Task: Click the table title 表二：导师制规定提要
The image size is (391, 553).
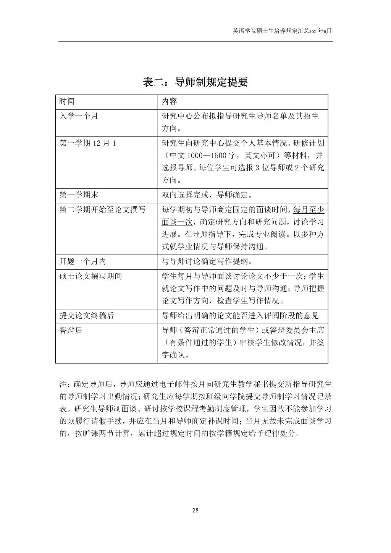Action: (195, 82)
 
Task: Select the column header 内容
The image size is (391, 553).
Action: (169, 102)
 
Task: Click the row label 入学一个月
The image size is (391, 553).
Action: (78, 116)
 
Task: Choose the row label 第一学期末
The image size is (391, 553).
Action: (79, 195)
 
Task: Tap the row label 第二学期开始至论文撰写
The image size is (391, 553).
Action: (102, 209)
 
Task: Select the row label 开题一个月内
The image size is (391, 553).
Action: (82, 261)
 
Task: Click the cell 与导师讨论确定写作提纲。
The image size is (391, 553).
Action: (207, 261)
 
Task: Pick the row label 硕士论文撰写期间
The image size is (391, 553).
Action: (90, 276)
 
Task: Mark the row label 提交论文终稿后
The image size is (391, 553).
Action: (86, 316)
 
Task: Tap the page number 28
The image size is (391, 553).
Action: (195, 510)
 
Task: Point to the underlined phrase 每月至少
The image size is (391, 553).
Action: (309, 209)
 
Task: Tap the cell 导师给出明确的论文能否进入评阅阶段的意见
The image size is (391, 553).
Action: (240, 316)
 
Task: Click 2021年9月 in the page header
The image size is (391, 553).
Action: (320, 32)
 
